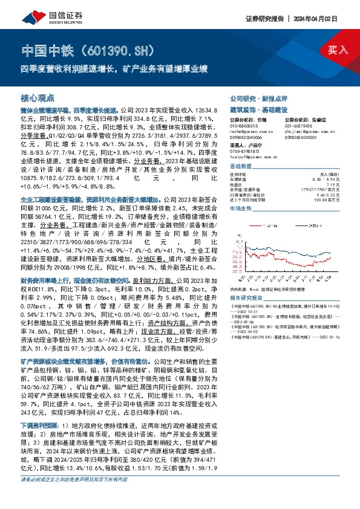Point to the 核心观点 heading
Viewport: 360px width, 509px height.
[x=38, y=97]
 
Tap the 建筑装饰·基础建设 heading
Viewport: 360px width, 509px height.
[x=254, y=111]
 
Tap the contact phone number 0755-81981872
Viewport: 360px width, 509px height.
[x=247, y=151]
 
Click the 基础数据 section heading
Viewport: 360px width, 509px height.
[x=240, y=166]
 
